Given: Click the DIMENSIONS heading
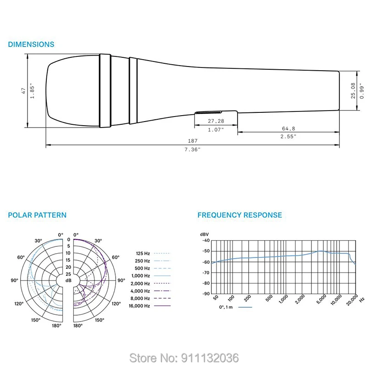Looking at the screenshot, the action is click(31, 44).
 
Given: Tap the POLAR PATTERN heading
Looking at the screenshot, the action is click(37, 215).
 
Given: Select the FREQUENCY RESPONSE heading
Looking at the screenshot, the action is click(239, 215).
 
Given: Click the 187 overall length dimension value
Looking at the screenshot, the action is click(193, 141).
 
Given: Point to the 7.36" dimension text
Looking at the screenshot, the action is click(192, 150).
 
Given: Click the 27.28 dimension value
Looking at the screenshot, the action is click(216, 121).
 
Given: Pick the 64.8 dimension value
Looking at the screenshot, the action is click(289, 128).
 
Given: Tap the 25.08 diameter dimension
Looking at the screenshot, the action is click(353, 90).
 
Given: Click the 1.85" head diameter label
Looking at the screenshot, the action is click(32, 90).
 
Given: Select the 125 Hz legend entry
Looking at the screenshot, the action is click(143, 254).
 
